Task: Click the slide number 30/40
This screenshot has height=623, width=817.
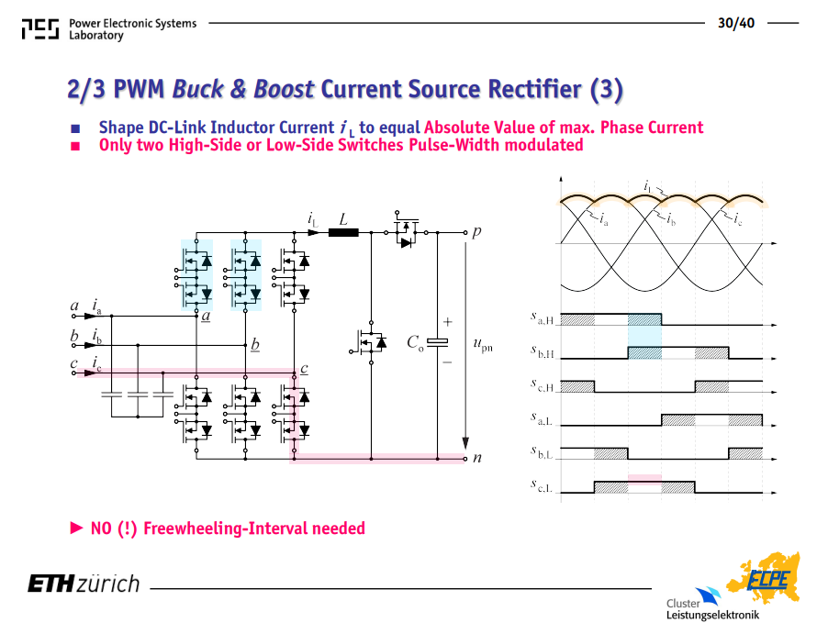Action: click(735, 23)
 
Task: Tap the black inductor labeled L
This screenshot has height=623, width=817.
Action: click(343, 232)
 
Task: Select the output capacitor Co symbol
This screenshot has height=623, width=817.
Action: click(437, 341)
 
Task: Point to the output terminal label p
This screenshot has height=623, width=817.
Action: click(476, 232)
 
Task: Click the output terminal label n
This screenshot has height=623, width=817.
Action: click(476, 458)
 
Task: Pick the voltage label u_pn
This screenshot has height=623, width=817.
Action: click(483, 345)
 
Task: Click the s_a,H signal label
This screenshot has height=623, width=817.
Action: click(542, 317)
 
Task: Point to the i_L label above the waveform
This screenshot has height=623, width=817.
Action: click(648, 186)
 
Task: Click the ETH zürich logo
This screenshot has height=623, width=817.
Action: click(84, 584)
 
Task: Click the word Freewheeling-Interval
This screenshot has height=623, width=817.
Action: click(254, 528)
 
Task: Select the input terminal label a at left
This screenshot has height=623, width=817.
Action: click(74, 306)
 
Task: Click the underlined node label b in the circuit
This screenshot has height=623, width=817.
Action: click(255, 344)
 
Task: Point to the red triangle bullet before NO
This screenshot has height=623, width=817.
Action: click(76, 528)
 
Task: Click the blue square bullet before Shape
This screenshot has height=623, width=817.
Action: click(75, 128)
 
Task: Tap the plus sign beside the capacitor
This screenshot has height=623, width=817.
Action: click(448, 322)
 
